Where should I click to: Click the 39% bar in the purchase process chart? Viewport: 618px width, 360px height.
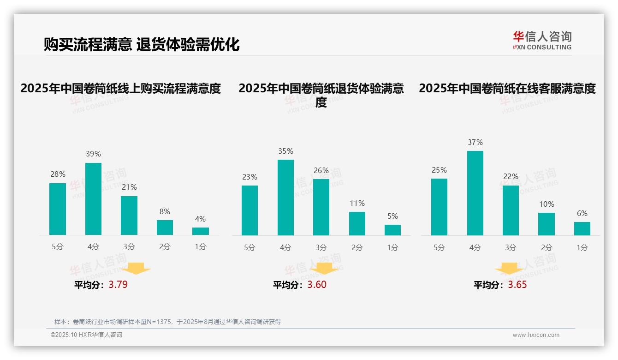(x=93, y=199)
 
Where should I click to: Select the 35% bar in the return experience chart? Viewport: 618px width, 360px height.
(x=285, y=198)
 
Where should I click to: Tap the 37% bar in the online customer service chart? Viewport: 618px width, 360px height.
(x=475, y=193)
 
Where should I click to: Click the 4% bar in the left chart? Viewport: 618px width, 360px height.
(x=201, y=231)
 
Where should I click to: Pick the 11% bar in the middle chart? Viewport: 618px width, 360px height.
(x=357, y=223)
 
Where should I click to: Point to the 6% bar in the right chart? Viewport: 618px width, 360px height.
(x=582, y=228)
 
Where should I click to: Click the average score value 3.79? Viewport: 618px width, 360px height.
(x=118, y=285)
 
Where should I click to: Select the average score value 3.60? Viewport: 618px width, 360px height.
(x=317, y=285)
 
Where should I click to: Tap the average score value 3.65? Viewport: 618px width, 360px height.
(x=517, y=285)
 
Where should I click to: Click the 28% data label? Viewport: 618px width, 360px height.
(x=58, y=174)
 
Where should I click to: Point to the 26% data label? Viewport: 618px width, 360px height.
(x=321, y=171)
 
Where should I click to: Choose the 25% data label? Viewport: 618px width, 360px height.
(x=439, y=170)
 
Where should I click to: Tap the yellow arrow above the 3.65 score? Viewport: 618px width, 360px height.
(x=509, y=269)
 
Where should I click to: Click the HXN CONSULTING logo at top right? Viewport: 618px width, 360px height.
(x=542, y=40)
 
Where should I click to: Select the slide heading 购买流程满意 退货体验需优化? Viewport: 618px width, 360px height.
(x=142, y=44)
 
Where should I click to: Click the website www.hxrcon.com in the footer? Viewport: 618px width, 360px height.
(x=536, y=335)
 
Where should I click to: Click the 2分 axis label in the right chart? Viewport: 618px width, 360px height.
(x=547, y=248)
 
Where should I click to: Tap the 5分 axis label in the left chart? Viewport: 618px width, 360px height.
(x=58, y=247)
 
